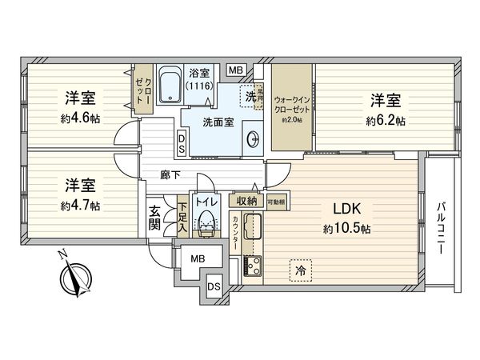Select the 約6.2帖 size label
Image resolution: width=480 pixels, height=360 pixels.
click(x=386, y=122)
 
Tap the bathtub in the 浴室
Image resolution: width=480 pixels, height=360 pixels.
click(x=170, y=86)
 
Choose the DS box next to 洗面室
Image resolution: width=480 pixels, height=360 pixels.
click(x=182, y=143)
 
